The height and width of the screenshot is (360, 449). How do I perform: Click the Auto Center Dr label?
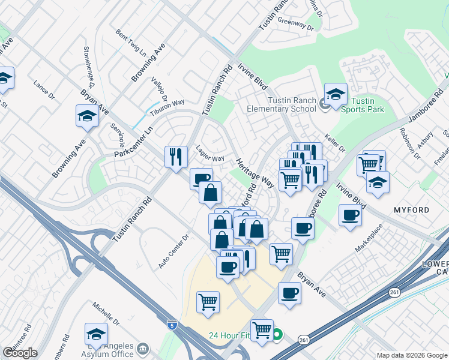(x=173, y=255)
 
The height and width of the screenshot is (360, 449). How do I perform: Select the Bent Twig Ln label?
(x=131, y=43)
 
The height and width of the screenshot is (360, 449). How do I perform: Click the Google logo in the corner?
(x=20, y=353)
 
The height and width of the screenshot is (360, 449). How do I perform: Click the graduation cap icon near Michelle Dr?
(x=96, y=333)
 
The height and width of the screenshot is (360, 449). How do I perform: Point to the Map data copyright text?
(x=412, y=355)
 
